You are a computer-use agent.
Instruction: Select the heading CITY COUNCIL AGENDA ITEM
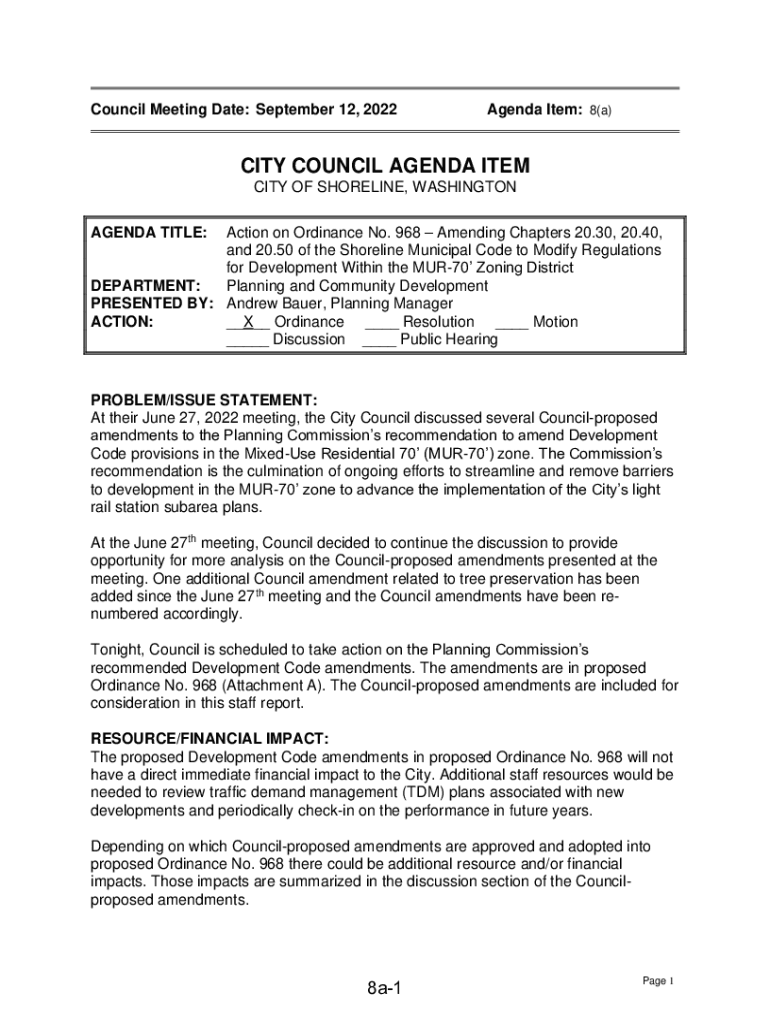click(x=384, y=166)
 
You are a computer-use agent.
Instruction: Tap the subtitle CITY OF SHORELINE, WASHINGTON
click(x=384, y=187)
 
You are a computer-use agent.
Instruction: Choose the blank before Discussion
click(x=247, y=340)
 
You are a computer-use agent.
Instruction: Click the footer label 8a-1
click(x=384, y=989)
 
